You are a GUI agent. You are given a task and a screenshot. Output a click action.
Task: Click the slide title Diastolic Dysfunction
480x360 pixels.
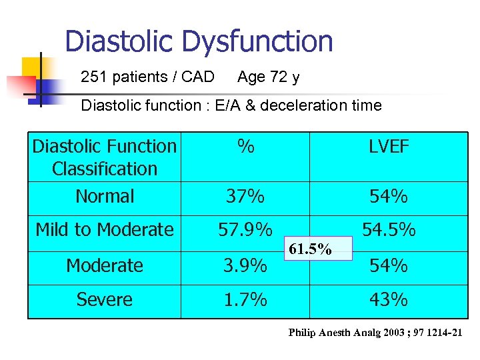pos(199,41)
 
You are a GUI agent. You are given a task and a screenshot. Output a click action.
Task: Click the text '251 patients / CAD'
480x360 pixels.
pos(147,77)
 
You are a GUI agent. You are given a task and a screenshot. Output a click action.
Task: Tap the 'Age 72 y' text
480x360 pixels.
pos(268,77)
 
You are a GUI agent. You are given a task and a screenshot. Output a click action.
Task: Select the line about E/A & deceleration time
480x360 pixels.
pos(231,105)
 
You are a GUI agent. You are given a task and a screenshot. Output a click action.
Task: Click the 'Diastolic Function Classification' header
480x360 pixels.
pos(105,157)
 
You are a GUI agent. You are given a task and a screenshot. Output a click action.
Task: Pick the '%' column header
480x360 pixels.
pos(245,147)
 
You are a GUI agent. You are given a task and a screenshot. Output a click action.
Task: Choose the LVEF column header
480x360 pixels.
pos(389,147)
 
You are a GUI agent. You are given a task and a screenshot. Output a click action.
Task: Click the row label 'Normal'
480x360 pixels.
pos(105,197)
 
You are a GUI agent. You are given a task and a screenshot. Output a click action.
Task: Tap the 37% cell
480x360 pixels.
pos(245,197)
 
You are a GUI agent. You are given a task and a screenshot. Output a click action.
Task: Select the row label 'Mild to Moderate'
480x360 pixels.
pos(105,230)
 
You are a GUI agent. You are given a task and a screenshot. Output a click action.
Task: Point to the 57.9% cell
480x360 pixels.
pos(245,230)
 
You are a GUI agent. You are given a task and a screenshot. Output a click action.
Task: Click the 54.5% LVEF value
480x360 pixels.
pos(389,230)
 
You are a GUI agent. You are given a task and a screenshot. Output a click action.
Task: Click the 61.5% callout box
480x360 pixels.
pos(310,250)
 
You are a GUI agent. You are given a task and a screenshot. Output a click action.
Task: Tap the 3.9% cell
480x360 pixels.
pos(245,266)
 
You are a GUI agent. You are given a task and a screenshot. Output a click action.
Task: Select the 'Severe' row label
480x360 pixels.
pos(105,300)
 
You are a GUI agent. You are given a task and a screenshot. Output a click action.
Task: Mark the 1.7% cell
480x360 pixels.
pos(245,300)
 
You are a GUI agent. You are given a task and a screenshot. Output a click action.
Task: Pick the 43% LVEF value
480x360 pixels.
pos(389,300)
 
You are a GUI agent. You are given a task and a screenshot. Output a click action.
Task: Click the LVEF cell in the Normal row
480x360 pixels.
pos(389,197)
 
